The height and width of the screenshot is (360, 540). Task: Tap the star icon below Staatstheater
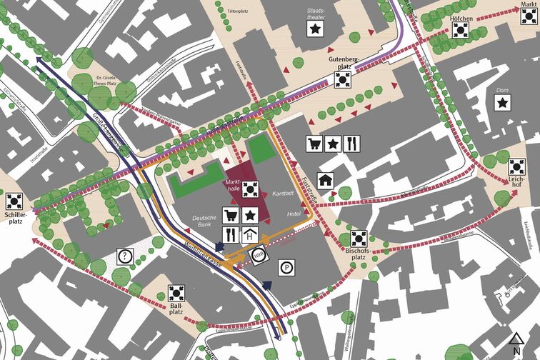point(315,29)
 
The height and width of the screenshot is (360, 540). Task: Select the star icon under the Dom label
point(504,104)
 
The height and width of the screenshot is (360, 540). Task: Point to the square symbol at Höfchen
point(460,30)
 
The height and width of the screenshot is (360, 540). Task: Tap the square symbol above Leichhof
point(516,167)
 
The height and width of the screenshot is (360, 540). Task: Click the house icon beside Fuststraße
point(326,180)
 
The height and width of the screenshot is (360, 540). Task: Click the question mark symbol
point(125,255)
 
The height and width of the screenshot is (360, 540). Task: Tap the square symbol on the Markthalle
point(249,189)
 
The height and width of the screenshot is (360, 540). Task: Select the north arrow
point(516,344)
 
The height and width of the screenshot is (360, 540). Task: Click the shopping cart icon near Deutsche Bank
point(231,215)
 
